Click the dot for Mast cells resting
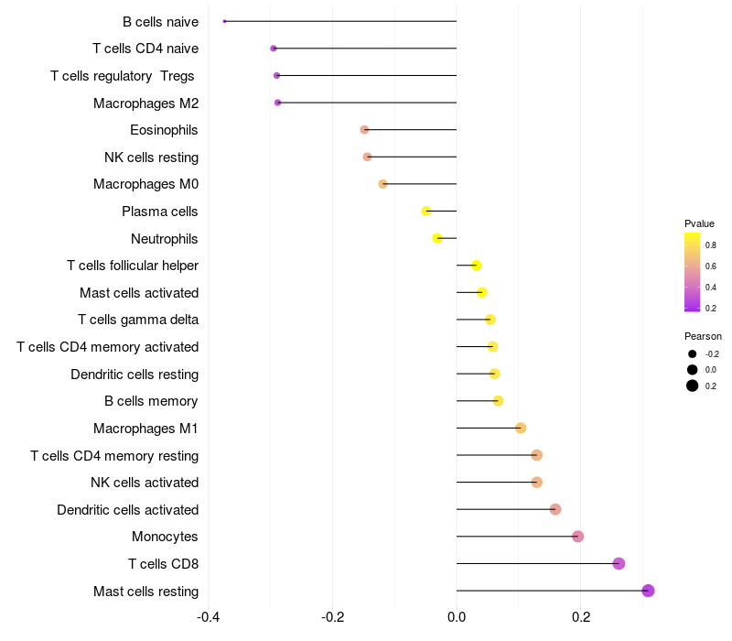coord(648,591)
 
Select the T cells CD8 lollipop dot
coord(619,563)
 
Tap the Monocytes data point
coord(577,537)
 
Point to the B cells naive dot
coord(225,21)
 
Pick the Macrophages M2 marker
coord(277,103)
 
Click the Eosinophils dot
coord(364,130)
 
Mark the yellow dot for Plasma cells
coord(425,212)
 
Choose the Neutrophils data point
coord(437,238)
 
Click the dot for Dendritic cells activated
coord(555,509)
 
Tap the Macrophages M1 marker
coord(521,428)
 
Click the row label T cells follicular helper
coord(133,266)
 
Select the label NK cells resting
coord(151,158)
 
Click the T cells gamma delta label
coord(138,320)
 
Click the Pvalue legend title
coord(699,223)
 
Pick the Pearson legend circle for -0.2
coord(693,354)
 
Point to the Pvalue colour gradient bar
coord(693,272)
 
